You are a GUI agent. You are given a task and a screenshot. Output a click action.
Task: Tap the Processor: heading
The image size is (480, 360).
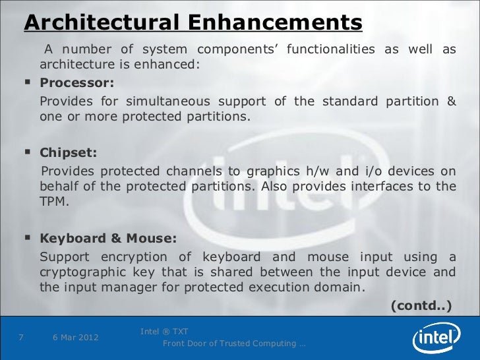click(x=77, y=83)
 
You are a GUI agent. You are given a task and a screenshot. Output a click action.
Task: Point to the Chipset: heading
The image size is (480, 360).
click(x=69, y=153)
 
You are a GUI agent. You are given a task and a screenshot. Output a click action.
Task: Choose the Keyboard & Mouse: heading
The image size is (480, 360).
click(x=108, y=238)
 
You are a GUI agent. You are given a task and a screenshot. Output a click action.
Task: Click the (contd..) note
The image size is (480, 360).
click(x=421, y=305)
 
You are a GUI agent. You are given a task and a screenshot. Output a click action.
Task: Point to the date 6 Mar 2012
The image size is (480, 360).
click(x=75, y=338)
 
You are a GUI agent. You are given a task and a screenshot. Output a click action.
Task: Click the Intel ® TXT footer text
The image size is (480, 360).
click(x=164, y=330)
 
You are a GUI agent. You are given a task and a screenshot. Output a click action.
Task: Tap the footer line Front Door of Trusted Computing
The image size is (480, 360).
click(x=233, y=344)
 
